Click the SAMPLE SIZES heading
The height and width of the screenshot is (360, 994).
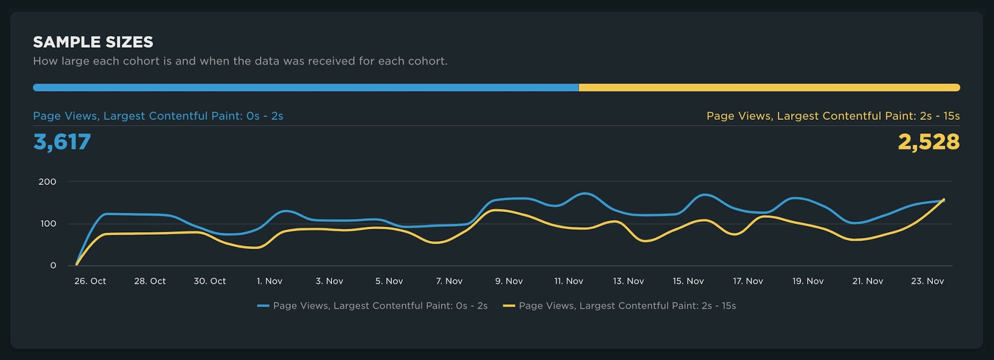coord(93,42)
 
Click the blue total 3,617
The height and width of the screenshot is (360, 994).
coord(62,142)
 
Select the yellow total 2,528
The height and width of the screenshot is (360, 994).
coord(928,142)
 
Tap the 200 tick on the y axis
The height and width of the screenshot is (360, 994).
coord(47,181)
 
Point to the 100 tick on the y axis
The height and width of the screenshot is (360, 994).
coord(48,224)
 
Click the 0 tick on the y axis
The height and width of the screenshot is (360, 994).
coord(53,266)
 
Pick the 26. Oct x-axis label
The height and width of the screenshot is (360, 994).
coord(90,281)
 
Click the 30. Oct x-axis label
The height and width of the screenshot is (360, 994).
coord(209,281)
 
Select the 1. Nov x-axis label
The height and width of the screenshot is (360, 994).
coord(269,281)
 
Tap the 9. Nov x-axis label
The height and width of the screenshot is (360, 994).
coord(508,281)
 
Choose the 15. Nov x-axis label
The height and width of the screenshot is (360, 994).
coord(688,281)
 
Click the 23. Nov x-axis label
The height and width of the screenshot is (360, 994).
coord(927,281)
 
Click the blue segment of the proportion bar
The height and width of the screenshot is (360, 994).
coord(306,88)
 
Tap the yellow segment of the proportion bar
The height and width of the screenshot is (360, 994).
coord(769,88)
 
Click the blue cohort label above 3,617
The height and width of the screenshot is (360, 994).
coord(158,116)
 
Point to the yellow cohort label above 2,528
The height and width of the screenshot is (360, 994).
coord(833,116)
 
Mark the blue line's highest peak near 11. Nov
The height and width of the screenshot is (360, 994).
coord(585,193)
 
